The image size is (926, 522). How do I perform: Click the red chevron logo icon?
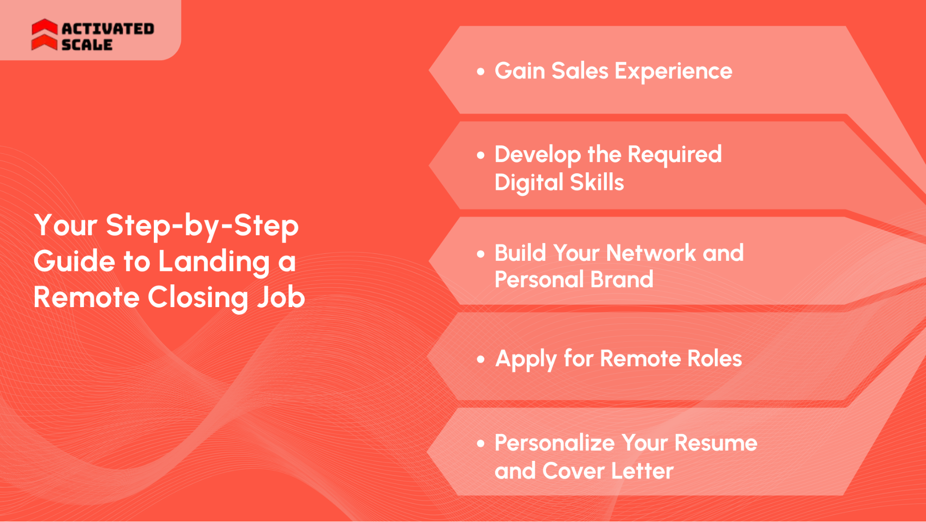[44, 35]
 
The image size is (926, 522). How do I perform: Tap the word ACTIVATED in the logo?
[108, 29]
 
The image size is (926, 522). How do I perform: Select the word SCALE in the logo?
[87, 45]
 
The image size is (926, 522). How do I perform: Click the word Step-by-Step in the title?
[202, 226]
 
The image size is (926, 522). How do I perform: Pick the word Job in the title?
[281, 297]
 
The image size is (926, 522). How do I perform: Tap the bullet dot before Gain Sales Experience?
[481, 72]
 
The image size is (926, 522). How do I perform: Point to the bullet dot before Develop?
[481, 156]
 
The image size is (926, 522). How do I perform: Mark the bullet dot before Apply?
[481, 359]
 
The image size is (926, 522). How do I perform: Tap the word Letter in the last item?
[642, 471]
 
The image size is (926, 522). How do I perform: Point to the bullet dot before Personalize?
[481, 444]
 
